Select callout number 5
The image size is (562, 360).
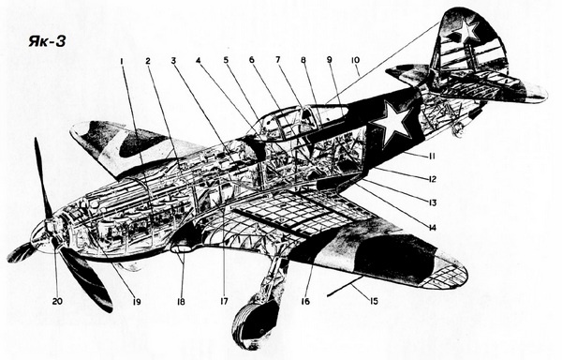click(x=226, y=61)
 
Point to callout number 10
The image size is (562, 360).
click(x=355, y=61)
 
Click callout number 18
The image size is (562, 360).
click(x=182, y=302)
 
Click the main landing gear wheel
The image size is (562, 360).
click(x=257, y=319)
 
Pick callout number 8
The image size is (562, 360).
click(x=303, y=61)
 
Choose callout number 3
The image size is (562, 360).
click(x=173, y=61)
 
